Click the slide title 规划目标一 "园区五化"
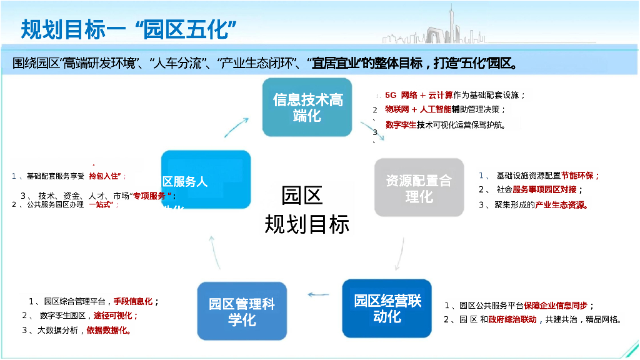pos(128,29)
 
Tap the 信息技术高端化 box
pos(307,107)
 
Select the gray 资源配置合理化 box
pos(419,188)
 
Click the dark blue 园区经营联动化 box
pos(387,308)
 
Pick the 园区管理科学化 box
pos(242,311)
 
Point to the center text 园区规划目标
pos(306,210)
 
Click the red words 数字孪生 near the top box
pos(401,124)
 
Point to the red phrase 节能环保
pos(580,176)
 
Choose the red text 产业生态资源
pos(561,204)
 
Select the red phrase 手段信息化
pos(133,301)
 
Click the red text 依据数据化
pos(109,330)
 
